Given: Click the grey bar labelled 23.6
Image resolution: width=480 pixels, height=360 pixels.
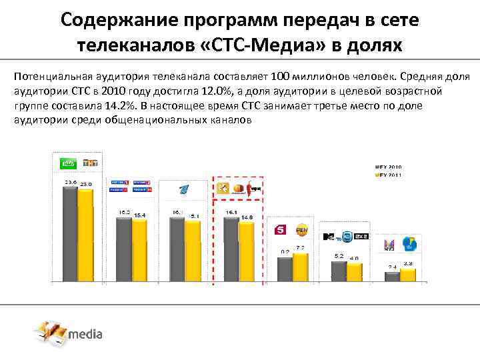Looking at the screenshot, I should (70, 233).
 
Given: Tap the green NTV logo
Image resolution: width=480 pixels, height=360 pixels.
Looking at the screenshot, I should (67, 163).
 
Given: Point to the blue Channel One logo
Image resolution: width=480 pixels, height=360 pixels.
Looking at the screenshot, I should (183, 189).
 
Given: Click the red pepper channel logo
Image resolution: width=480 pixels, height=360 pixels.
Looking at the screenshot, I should (253, 190).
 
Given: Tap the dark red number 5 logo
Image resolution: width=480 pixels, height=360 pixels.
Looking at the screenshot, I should (281, 230).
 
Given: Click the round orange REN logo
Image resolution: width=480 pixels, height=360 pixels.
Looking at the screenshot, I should (301, 230).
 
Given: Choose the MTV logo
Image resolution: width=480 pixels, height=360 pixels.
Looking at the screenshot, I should (333, 237).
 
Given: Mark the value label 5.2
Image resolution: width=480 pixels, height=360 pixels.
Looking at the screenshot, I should (338, 256).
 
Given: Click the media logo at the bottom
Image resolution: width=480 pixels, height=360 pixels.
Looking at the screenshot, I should (69, 333).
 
